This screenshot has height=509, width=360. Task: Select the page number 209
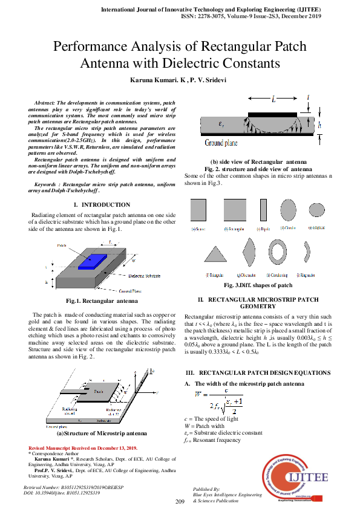point(180,502)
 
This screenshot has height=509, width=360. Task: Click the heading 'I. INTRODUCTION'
point(101,205)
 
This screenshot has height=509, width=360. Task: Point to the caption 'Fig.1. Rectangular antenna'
point(102,300)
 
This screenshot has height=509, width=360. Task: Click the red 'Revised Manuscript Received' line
point(79,448)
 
